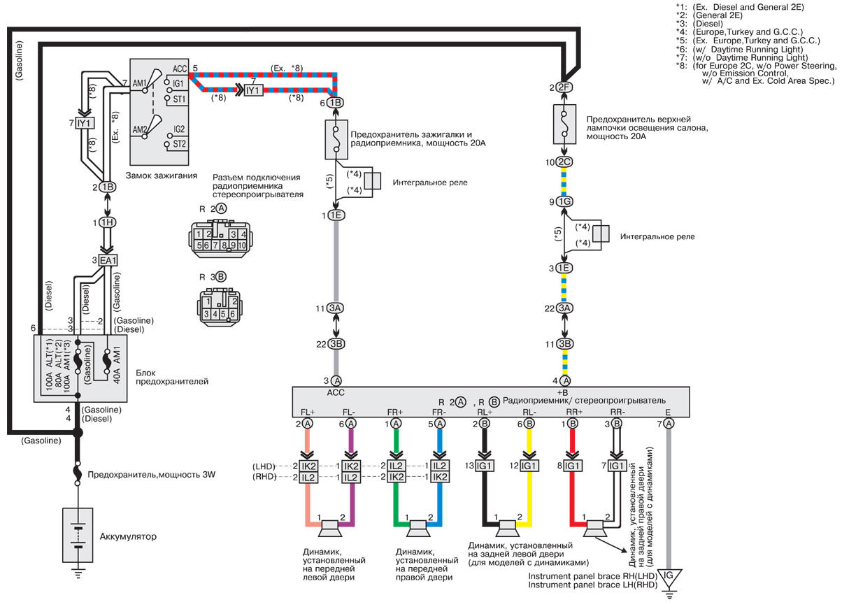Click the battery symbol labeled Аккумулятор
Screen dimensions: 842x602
click(78, 535)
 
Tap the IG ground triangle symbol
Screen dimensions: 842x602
click(669, 578)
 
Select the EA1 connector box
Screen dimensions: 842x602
click(108, 260)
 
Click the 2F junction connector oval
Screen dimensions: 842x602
click(564, 87)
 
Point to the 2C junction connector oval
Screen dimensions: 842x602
click(564, 162)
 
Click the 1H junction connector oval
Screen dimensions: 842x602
click(107, 222)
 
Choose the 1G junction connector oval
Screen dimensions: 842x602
click(564, 202)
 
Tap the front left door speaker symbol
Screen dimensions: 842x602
click(329, 529)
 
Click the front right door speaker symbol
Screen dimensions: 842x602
click(418, 529)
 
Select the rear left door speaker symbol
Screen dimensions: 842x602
click(507, 529)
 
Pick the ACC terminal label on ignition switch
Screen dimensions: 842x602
click(179, 69)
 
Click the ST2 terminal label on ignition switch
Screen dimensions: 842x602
click(179, 144)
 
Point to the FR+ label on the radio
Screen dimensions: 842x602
click(394, 413)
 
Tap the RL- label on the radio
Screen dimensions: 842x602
click(529, 413)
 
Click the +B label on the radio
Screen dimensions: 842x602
click(562, 392)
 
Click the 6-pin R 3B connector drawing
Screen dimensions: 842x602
click(220, 307)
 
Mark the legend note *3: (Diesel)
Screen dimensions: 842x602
click(699, 24)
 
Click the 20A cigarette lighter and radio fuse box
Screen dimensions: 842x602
click(336, 140)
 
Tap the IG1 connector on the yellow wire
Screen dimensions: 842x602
click(529, 466)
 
